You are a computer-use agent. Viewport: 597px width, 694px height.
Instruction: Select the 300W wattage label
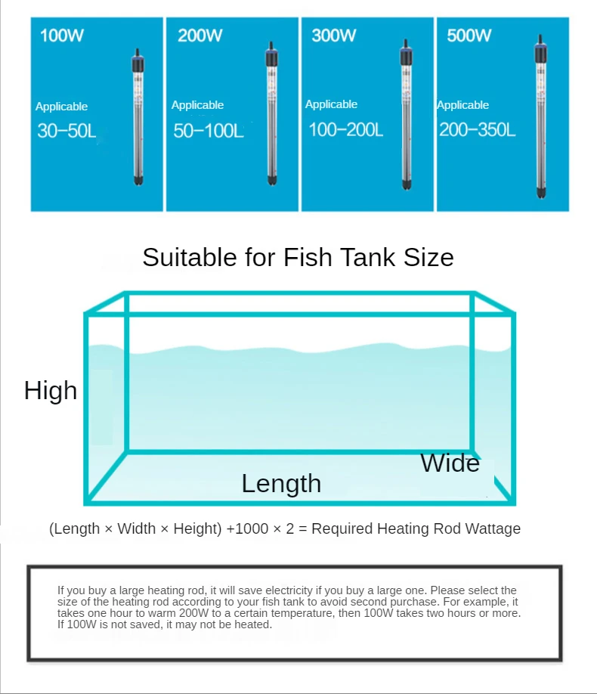[333, 36]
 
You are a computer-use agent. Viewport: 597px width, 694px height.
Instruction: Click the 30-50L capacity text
[67, 132]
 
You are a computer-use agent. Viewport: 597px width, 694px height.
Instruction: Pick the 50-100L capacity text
[209, 131]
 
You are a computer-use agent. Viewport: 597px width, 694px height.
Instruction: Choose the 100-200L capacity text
[345, 130]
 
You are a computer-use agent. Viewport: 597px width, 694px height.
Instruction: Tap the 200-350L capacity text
[478, 130]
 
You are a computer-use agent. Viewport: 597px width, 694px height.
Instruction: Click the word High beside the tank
[51, 391]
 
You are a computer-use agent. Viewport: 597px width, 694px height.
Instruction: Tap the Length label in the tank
[281, 484]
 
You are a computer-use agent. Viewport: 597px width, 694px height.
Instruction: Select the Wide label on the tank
[450, 463]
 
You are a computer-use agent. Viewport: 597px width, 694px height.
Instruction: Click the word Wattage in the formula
[492, 529]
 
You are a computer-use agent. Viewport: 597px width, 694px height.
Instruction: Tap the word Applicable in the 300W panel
[331, 104]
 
